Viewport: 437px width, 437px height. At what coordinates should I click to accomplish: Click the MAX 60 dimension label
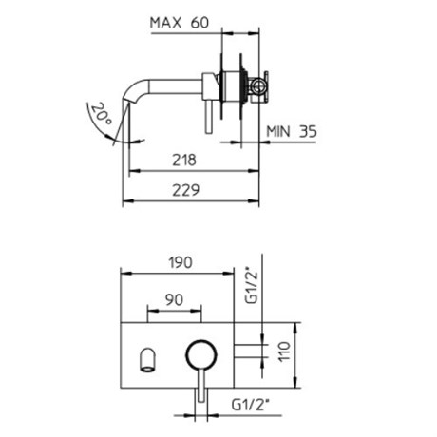[180, 23]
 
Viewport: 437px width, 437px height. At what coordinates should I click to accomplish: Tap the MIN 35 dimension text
[292, 131]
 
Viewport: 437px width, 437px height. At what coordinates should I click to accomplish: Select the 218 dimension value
[184, 161]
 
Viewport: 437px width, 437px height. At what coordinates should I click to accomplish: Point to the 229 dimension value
[186, 190]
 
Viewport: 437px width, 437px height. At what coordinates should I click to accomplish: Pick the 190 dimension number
[180, 263]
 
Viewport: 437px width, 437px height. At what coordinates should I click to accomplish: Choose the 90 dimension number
[174, 299]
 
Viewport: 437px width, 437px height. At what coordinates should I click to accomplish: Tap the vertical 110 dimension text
[284, 351]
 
